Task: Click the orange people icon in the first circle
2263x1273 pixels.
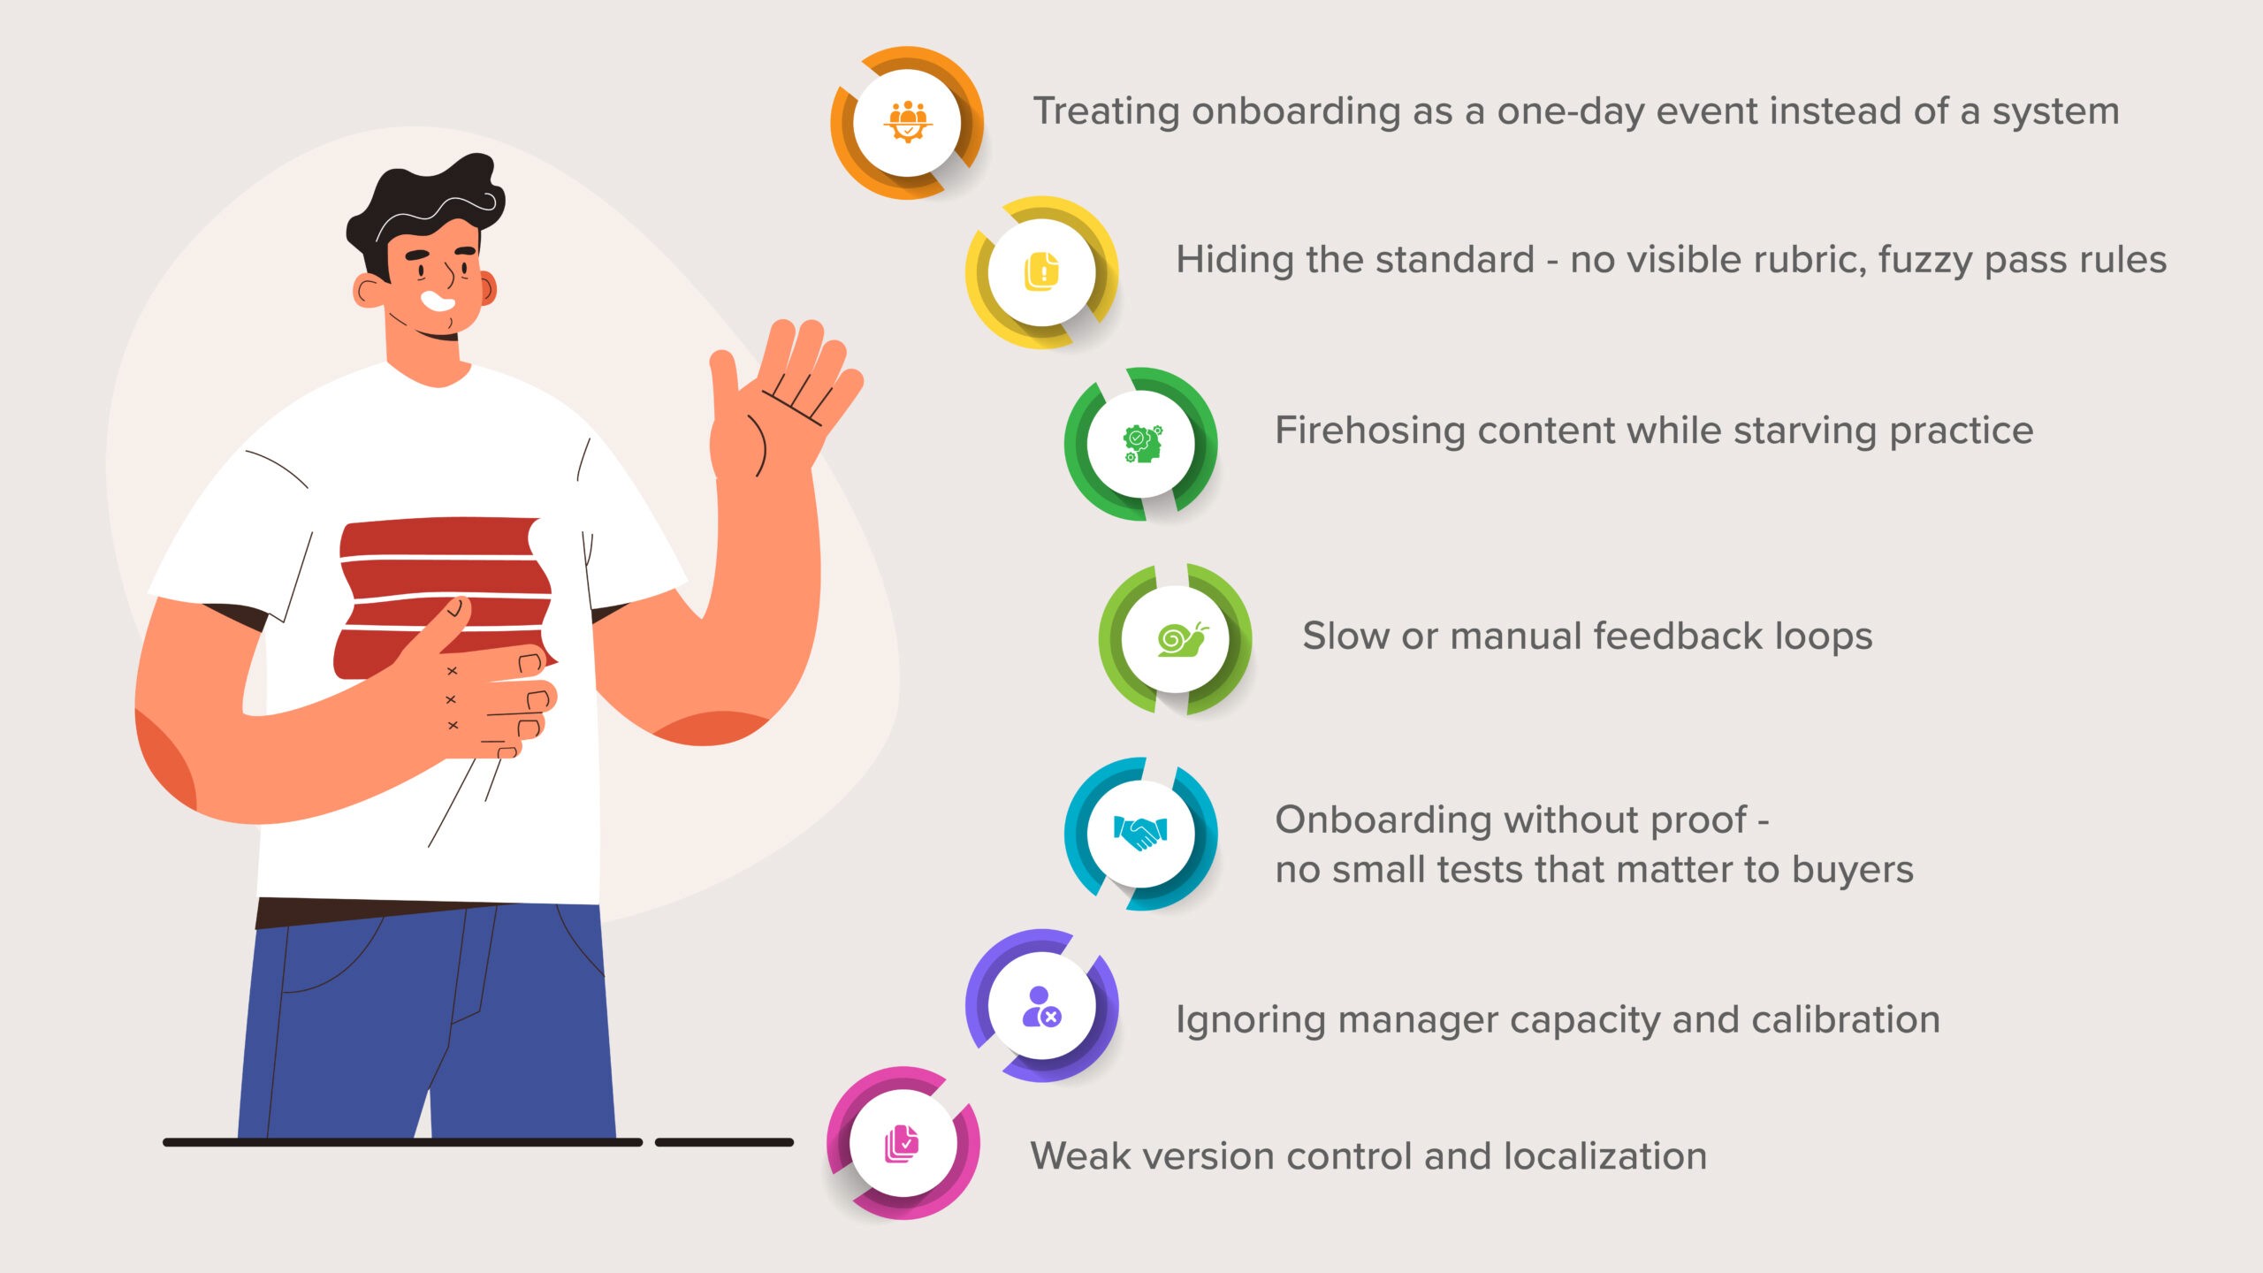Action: point(907,122)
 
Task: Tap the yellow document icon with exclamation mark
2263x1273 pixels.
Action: point(1042,271)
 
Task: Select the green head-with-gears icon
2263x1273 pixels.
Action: point(1141,444)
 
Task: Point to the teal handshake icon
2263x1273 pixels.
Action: point(1140,833)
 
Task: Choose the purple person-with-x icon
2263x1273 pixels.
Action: point(1041,1006)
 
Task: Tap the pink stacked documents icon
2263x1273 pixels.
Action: point(903,1144)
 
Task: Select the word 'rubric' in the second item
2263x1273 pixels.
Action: point(1809,260)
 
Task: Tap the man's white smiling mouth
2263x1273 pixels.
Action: point(438,301)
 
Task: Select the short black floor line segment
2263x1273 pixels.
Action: point(724,1142)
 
